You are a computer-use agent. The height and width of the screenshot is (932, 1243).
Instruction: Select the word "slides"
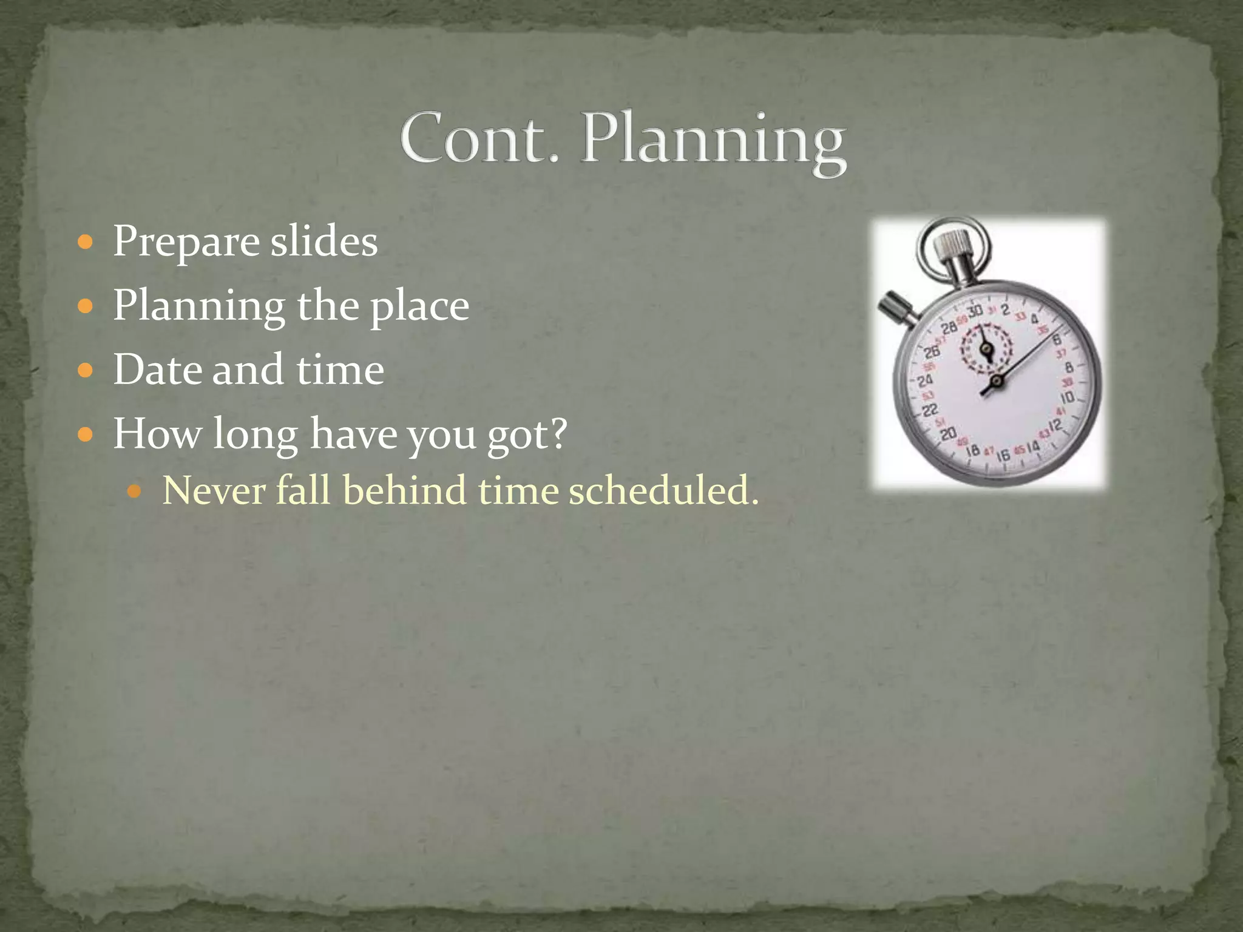(323, 241)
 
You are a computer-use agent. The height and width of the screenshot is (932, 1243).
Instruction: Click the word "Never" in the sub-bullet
(214, 490)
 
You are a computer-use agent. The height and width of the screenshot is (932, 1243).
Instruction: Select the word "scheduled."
(663, 490)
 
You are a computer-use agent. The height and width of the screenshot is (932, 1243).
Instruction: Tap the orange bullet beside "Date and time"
(86, 370)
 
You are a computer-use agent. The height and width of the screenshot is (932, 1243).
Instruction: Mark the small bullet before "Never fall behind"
(135, 491)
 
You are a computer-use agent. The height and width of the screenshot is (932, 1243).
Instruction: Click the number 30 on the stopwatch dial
(975, 311)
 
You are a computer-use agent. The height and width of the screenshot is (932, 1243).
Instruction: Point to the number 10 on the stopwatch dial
(1067, 398)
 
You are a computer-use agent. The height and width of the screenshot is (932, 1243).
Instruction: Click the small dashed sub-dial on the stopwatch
(986, 348)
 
